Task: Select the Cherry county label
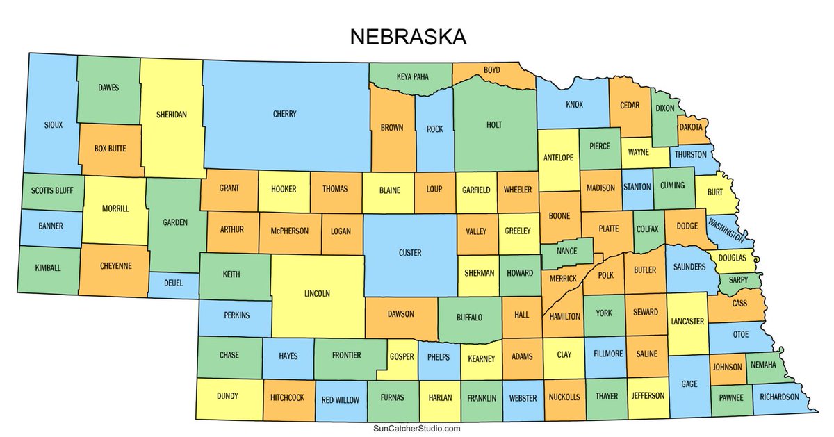click(285, 114)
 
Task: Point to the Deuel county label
click(173, 283)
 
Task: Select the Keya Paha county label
click(412, 76)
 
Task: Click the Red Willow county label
click(341, 399)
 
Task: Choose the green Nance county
click(566, 251)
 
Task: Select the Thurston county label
click(689, 154)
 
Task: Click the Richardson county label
click(779, 398)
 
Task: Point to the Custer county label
click(410, 253)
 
